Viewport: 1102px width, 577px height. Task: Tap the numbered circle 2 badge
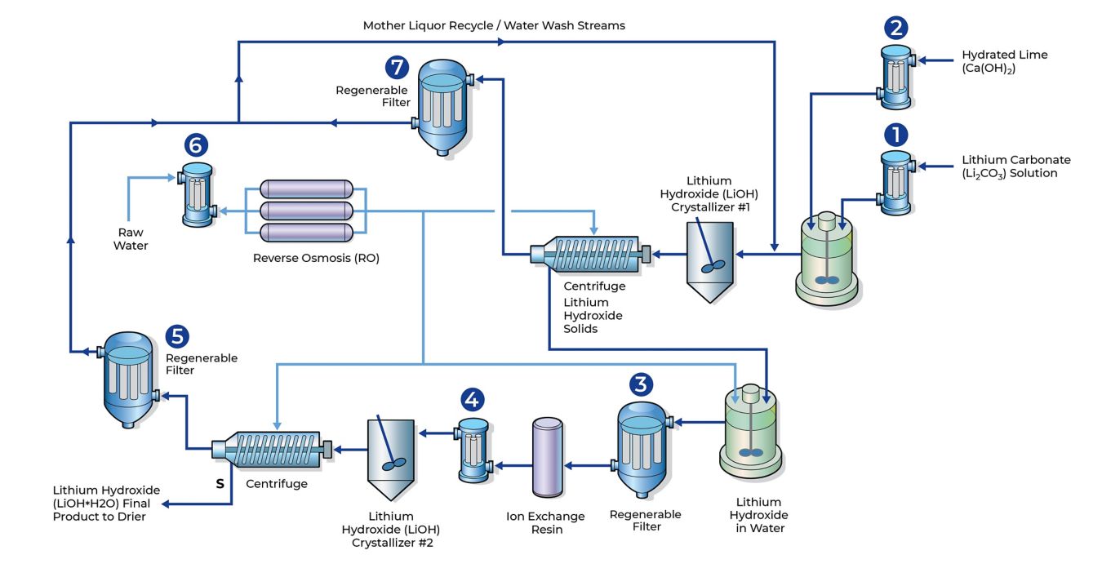click(x=895, y=29)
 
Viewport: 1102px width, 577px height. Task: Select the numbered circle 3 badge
click(x=642, y=384)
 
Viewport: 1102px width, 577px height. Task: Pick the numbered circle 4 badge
click(x=473, y=399)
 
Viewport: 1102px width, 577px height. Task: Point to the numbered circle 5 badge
click(x=177, y=336)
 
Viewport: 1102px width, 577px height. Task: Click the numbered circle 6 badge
click(x=196, y=145)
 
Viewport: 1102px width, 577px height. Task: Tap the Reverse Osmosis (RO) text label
click(x=316, y=258)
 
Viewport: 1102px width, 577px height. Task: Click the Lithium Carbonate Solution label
click(x=1015, y=166)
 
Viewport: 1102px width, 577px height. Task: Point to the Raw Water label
click(x=131, y=239)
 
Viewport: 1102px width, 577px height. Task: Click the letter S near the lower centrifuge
click(x=220, y=483)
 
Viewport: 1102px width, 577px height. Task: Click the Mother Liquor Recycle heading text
click(x=494, y=25)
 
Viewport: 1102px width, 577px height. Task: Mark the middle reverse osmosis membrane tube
click(x=306, y=211)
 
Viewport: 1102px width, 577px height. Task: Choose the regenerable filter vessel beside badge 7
click(x=443, y=106)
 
